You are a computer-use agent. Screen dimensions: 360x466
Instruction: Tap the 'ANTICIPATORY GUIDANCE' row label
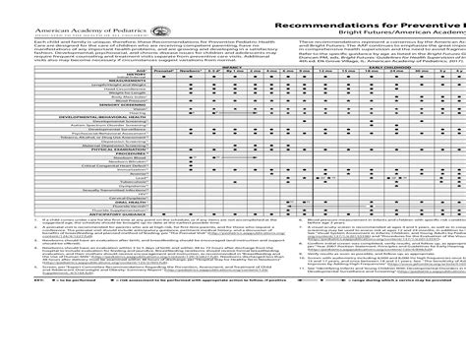[107, 213]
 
